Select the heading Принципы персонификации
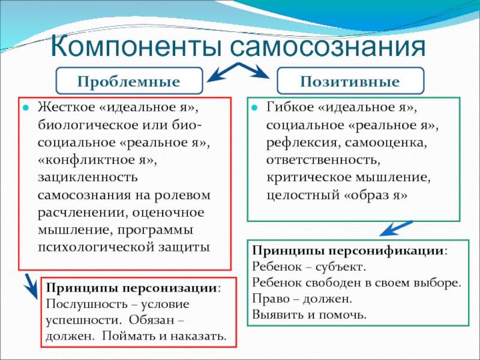(349, 250)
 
